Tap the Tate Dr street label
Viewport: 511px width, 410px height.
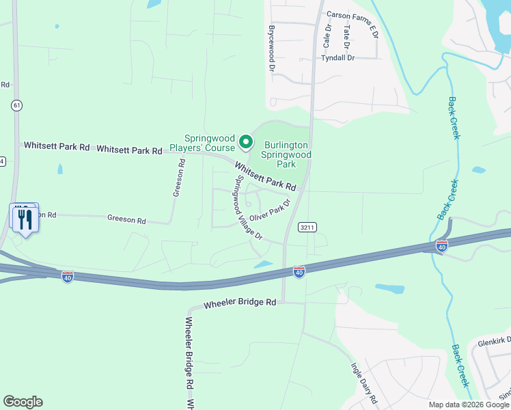(x=347, y=37)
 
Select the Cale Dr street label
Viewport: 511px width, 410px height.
(x=327, y=36)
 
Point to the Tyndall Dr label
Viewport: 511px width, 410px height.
(x=341, y=58)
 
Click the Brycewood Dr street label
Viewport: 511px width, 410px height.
(x=271, y=49)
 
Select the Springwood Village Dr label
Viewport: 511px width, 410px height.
(x=248, y=207)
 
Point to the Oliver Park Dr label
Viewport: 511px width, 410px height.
(x=270, y=210)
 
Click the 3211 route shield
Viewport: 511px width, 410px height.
(x=307, y=227)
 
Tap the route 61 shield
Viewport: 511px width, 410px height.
(x=16, y=105)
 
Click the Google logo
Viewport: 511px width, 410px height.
(x=23, y=402)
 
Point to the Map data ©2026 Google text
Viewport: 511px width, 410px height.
(x=469, y=405)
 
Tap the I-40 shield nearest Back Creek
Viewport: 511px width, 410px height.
(x=442, y=245)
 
